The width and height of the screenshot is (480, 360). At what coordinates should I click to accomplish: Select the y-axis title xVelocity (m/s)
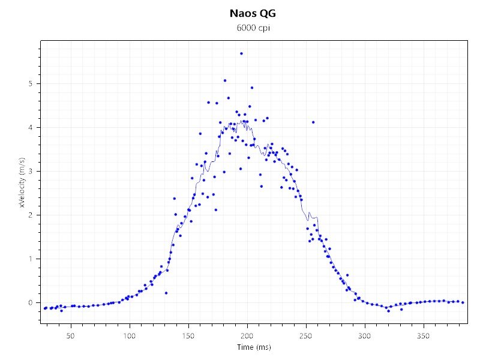[22, 182]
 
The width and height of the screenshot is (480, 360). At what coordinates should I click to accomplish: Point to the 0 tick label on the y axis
[32, 302]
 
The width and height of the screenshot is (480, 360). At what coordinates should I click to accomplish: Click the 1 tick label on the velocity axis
[32, 259]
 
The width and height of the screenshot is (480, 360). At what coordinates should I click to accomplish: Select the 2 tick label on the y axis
[32, 215]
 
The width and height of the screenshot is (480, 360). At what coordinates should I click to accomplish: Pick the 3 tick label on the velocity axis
[32, 171]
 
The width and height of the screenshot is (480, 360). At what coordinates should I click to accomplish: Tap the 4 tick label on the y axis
[32, 127]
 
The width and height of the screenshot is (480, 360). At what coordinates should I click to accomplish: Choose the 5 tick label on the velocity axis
[32, 83]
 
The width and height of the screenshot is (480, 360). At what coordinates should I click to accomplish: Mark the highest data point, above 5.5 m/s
[241, 53]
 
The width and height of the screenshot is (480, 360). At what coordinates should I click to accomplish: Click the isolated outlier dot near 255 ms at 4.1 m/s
[313, 122]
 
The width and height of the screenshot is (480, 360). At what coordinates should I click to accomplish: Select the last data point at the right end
[463, 302]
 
